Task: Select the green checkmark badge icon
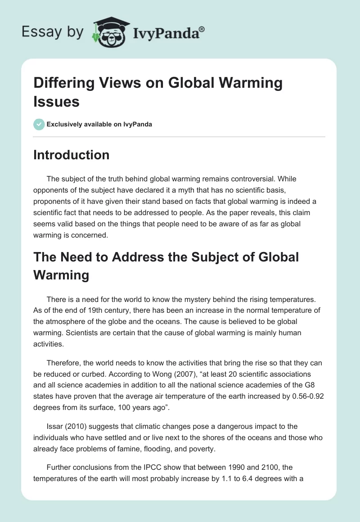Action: (x=39, y=124)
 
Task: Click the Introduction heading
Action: (x=71, y=155)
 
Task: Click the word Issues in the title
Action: (x=56, y=102)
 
